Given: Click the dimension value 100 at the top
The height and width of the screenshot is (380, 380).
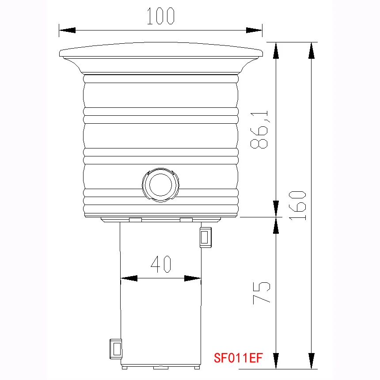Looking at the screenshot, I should pyautogui.click(x=161, y=16).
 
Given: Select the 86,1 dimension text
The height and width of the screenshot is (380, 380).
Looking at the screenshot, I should pyautogui.click(x=260, y=130).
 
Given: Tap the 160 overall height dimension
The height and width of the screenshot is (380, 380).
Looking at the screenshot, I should pyautogui.click(x=298, y=205).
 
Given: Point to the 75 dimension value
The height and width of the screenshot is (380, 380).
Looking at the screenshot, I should pyautogui.click(x=261, y=293).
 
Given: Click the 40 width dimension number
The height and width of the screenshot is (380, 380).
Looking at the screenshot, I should pyautogui.click(x=161, y=264).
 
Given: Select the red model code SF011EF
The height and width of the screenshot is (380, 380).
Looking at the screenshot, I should pyautogui.click(x=238, y=357).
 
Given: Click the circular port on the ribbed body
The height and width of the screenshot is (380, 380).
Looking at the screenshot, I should pyautogui.click(x=160, y=185).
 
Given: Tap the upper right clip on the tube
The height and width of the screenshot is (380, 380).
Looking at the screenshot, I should pyautogui.click(x=205, y=237).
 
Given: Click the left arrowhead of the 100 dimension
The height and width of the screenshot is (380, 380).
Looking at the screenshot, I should pyautogui.click(x=67, y=30).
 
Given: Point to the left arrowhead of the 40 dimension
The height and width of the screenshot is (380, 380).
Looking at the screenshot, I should pyautogui.click(x=129, y=278).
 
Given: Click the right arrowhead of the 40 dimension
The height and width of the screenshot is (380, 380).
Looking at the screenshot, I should pyautogui.click(x=193, y=278).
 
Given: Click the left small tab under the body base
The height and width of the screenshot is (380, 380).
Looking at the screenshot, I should pyautogui.click(x=135, y=220).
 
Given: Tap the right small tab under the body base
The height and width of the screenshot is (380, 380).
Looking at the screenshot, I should pyautogui.click(x=186, y=220).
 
